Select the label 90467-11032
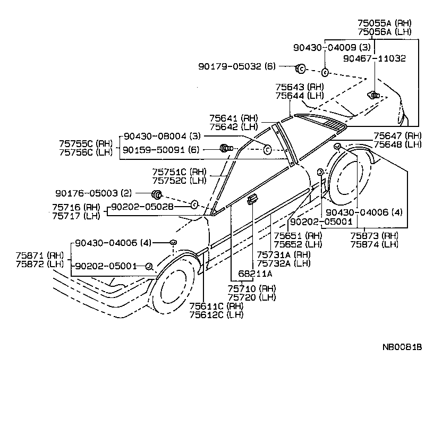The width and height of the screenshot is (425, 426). [x=374, y=58]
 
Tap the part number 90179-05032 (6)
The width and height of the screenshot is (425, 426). [x=237, y=66]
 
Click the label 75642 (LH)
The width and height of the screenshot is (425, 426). [x=233, y=127]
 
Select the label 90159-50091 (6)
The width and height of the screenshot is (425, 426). [x=160, y=150]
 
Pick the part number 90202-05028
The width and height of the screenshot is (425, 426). [x=142, y=207]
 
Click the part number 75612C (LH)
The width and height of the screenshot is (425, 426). [x=216, y=315]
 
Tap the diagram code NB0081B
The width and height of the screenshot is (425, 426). [x=402, y=347]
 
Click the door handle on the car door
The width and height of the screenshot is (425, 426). [x=252, y=199]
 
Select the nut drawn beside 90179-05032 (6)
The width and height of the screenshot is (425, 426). [x=300, y=68]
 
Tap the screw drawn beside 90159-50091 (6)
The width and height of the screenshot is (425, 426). [x=226, y=149]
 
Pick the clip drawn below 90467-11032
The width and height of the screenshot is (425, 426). [x=374, y=96]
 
